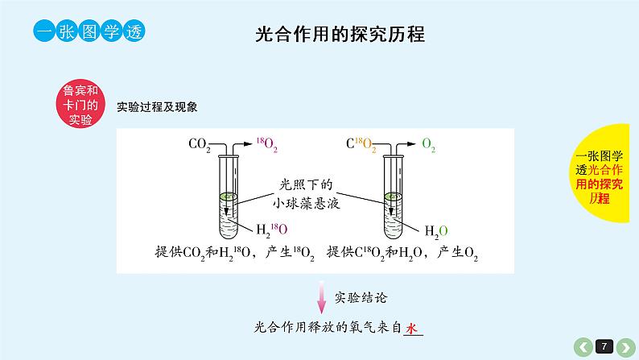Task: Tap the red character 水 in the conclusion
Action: click(x=412, y=329)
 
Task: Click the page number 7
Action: click(x=604, y=346)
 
